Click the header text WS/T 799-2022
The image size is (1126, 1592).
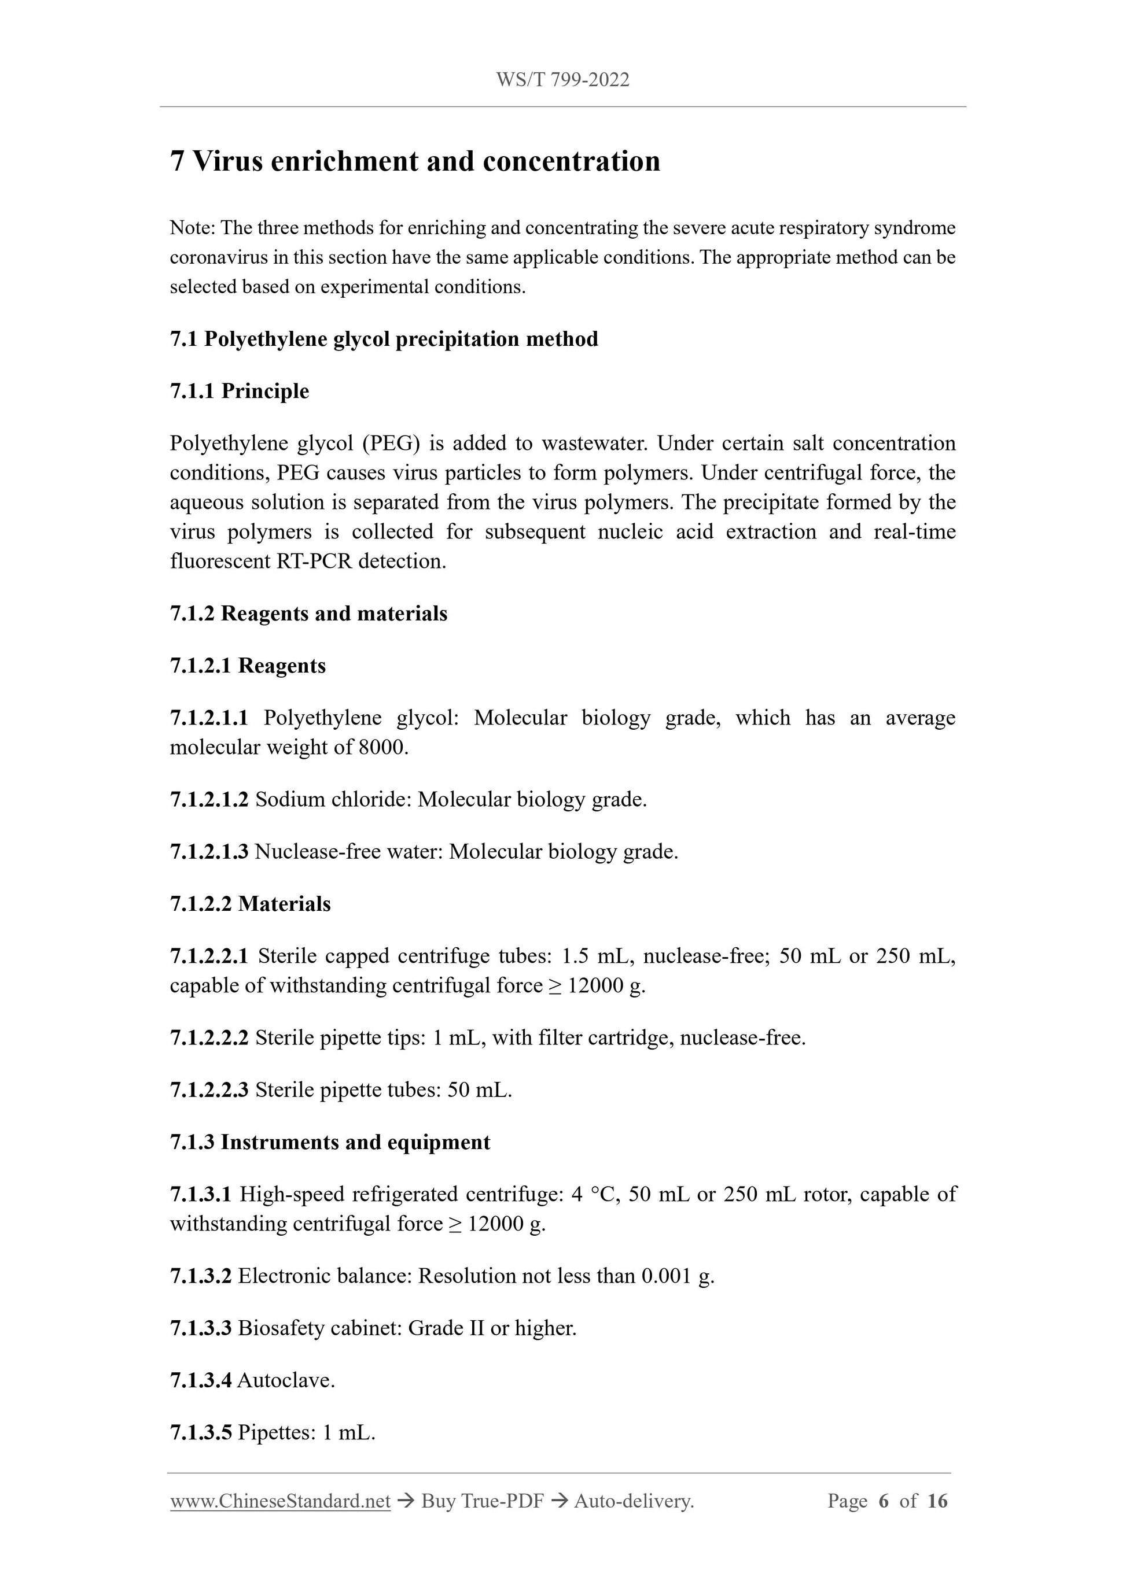562,80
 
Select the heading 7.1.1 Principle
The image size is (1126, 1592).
240,391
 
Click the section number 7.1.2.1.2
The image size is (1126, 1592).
209,799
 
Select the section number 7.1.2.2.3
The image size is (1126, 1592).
209,1090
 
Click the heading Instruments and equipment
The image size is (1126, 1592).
355,1142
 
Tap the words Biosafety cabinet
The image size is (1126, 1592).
319,1328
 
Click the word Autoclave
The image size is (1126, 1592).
285,1380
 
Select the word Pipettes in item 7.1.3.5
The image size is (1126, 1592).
275,1432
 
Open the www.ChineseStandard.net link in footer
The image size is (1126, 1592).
280,1501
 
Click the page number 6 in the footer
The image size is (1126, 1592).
883,1501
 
